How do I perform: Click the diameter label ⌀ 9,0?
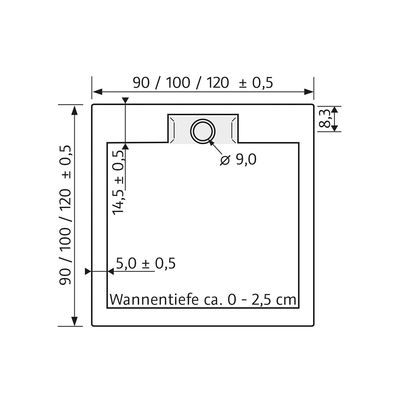(238, 160)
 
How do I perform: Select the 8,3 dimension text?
(325, 119)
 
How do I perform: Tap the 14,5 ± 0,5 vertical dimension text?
(119, 182)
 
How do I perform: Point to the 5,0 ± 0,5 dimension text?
(145, 263)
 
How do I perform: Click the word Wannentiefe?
(153, 300)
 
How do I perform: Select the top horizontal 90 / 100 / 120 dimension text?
(181, 83)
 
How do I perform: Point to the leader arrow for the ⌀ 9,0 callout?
(215, 148)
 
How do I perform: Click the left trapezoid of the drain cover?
(173, 129)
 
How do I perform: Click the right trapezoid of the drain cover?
(233, 129)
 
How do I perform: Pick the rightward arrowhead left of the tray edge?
(88, 272)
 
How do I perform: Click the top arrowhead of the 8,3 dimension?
(334, 110)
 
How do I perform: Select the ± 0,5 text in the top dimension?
(256, 83)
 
